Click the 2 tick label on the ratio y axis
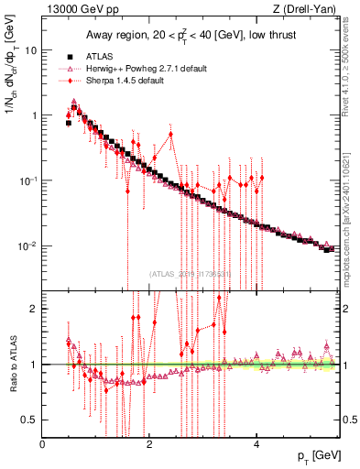tap(34, 309)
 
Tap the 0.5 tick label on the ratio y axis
tap(30, 420)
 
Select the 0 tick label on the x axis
tap(43, 445)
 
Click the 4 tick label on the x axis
tap(257, 445)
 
